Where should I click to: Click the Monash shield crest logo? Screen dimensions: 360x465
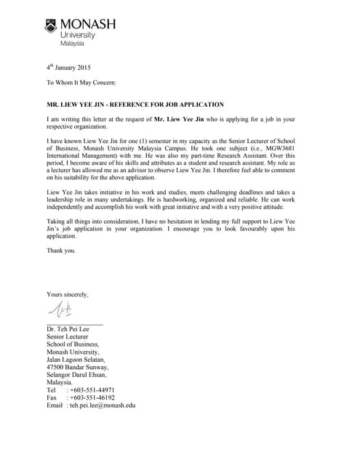[52, 25]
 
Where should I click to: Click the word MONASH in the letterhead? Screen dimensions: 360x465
[87, 25]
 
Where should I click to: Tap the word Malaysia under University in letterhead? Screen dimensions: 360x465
[71, 44]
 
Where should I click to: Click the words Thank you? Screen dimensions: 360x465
[60, 251]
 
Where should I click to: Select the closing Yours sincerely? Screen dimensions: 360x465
[68, 294]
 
